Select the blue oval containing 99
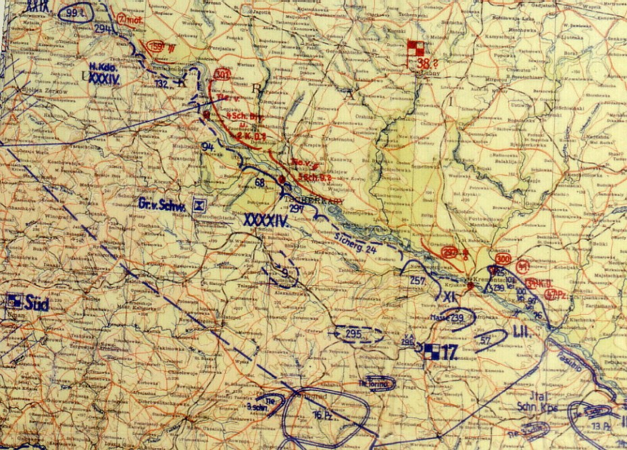point(75,13)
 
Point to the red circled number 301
point(221,76)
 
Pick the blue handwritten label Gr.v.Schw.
point(161,203)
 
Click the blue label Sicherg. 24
point(356,242)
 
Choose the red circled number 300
point(503,260)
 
